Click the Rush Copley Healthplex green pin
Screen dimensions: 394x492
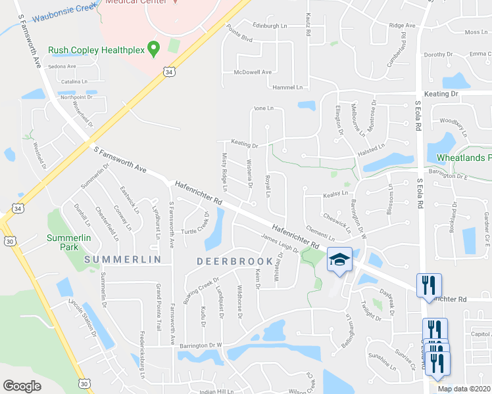pos(155,47)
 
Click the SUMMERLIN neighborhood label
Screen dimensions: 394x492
pos(123,260)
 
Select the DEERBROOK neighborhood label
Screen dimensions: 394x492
pos(225,260)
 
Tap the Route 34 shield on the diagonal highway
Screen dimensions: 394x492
pos(170,70)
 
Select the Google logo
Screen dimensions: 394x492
pos(22,385)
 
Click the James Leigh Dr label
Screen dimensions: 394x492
pos(280,244)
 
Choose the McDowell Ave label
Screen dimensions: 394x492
pos(247,72)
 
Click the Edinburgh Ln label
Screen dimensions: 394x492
pos(270,25)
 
